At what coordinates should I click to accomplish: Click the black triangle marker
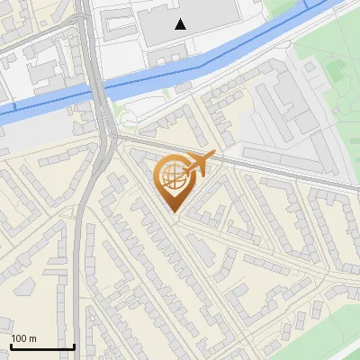[x=181, y=24]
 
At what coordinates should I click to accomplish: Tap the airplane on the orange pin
[x=199, y=163]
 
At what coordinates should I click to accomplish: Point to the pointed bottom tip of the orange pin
[x=172, y=211]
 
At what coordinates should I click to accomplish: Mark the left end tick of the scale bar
[x=11, y=346]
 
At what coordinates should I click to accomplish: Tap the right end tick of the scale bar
[x=74, y=346]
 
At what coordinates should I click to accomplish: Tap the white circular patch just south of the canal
[x=129, y=121]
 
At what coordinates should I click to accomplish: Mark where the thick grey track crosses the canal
[x=95, y=89]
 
